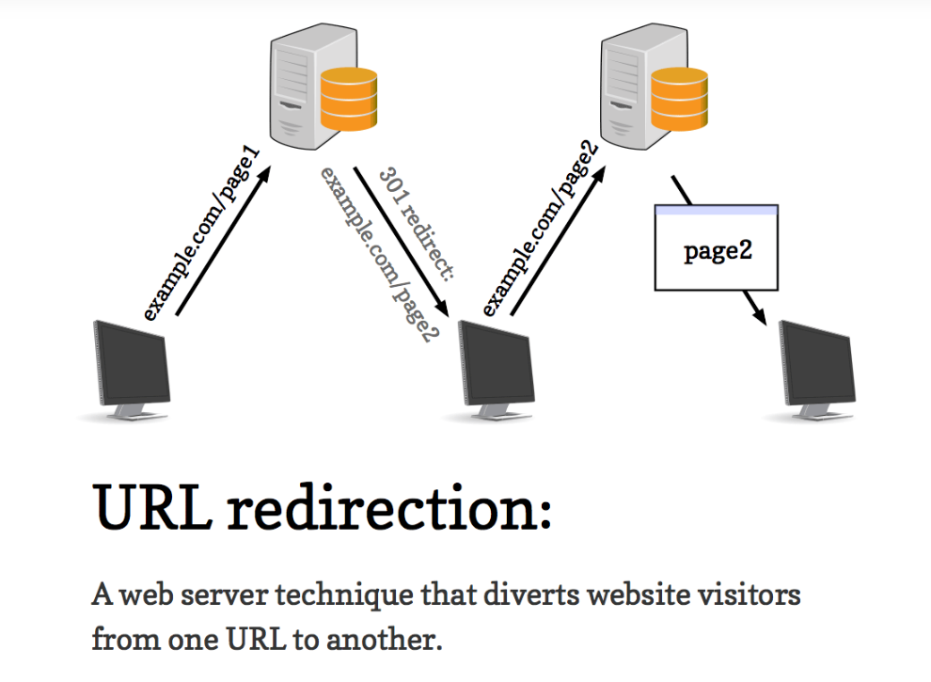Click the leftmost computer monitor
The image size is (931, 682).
click(x=131, y=368)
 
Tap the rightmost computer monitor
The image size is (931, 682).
click(x=816, y=368)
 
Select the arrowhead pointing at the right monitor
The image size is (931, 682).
click(x=757, y=310)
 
